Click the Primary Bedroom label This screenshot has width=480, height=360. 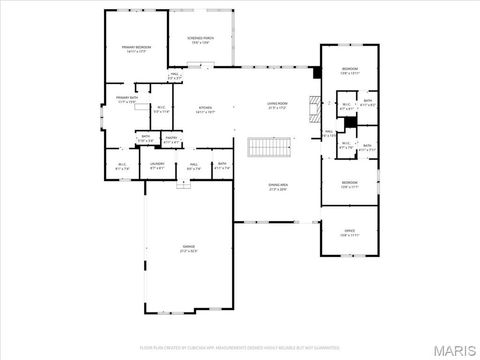[136, 49]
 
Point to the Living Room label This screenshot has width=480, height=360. [276, 106]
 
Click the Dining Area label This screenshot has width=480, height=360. [277, 187]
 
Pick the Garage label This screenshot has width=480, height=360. [188, 248]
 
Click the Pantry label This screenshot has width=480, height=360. [171, 140]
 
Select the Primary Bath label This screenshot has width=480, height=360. [127, 100]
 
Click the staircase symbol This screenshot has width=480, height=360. [267, 148]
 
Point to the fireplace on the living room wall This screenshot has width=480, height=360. [312, 102]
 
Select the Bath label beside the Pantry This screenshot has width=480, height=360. [145, 139]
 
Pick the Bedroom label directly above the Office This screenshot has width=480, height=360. [349, 183]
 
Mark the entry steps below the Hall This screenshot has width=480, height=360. [183, 185]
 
